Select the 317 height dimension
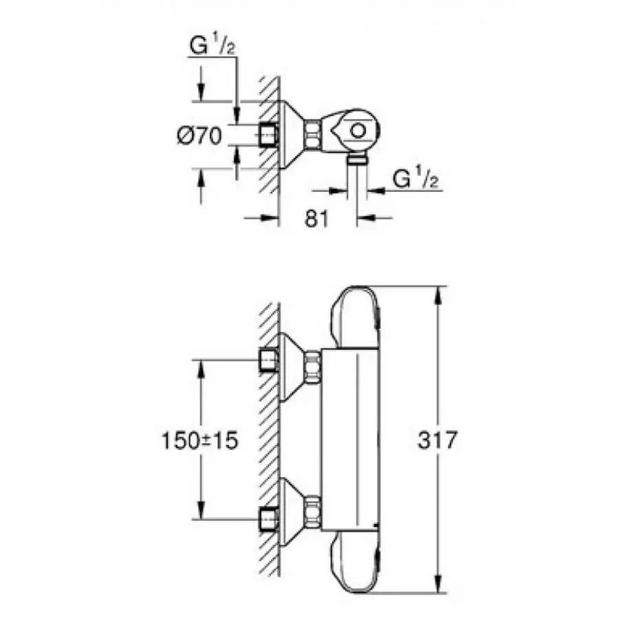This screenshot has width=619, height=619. [437, 440]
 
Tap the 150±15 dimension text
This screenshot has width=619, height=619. [200, 441]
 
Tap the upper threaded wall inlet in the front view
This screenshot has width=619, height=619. [268, 359]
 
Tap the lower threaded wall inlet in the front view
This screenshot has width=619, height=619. [268, 517]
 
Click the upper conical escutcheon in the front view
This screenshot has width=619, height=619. [290, 365]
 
